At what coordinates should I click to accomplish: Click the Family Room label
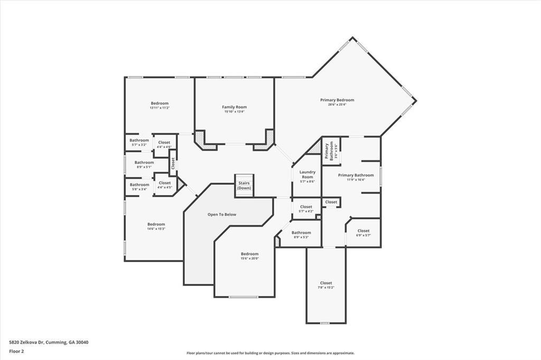[234, 107]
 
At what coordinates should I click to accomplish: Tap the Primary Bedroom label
[337, 100]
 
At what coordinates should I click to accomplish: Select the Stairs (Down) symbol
[244, 186]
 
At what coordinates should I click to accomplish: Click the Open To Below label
[222, 215]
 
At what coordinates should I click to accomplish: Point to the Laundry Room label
[307, 174]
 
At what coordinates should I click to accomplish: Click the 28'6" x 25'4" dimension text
[337, 105]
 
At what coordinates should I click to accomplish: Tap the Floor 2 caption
[16, 350]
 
